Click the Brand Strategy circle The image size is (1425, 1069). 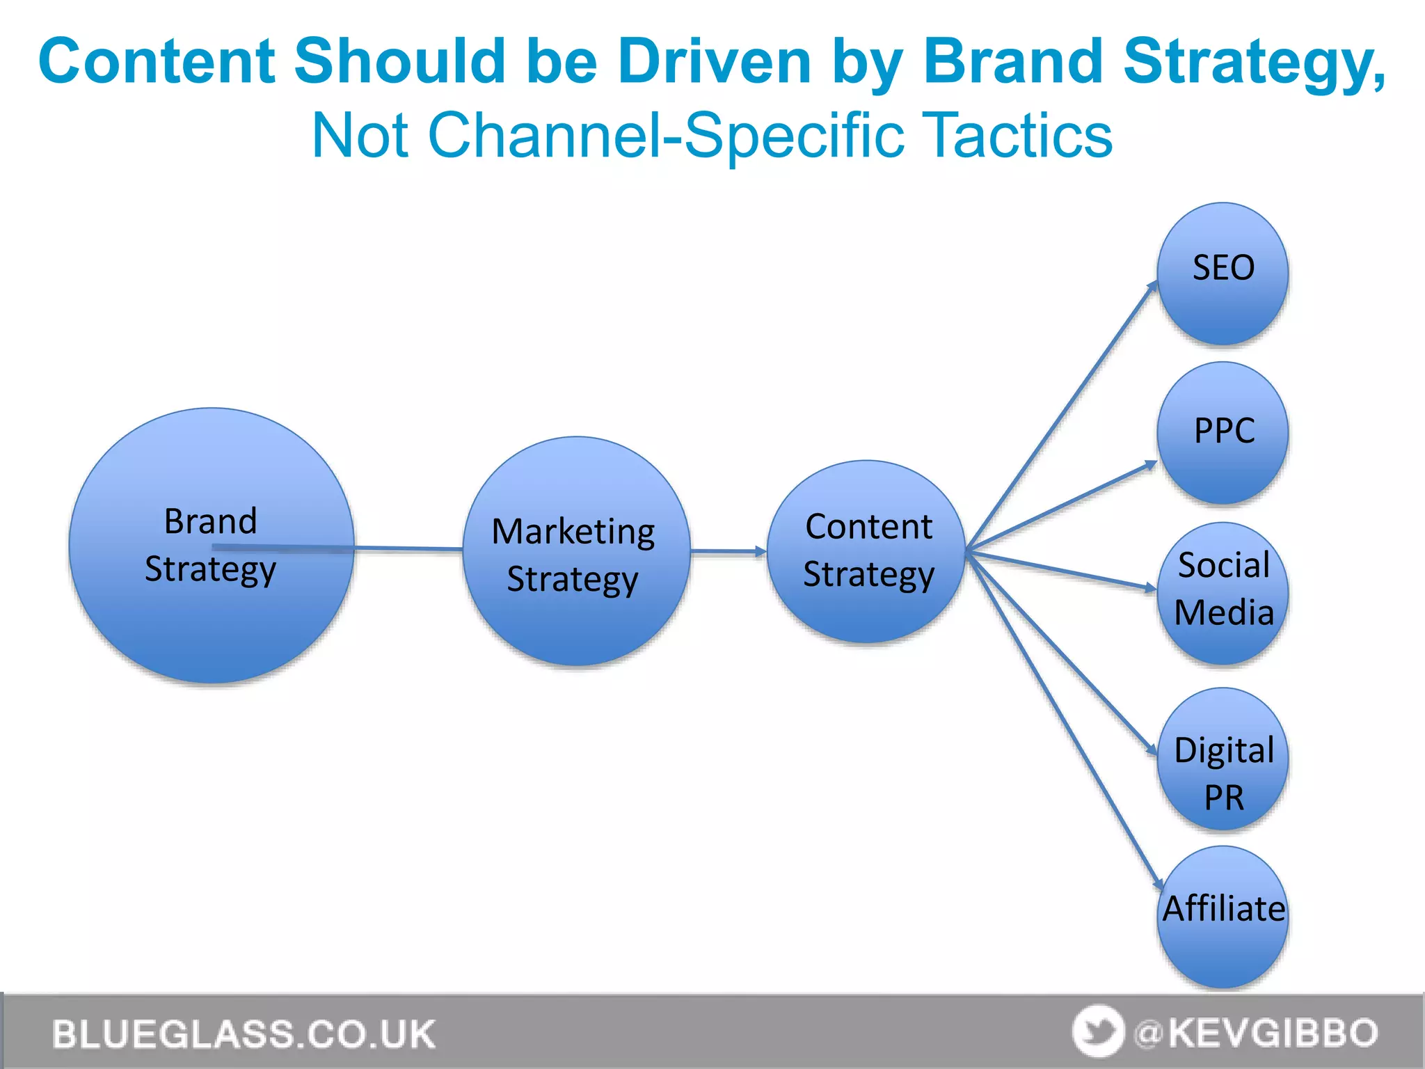(211, 612)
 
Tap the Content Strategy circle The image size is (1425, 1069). (867, 612)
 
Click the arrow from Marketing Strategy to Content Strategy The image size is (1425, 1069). (728, 552)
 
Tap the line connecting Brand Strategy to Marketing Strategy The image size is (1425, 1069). (409, 549)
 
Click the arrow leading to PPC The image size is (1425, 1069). (1061, 506)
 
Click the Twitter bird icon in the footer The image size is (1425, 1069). (1098, 1031)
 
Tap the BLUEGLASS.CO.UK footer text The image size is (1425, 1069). (244, 1034)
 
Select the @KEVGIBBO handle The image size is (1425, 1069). (1256, 1033)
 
